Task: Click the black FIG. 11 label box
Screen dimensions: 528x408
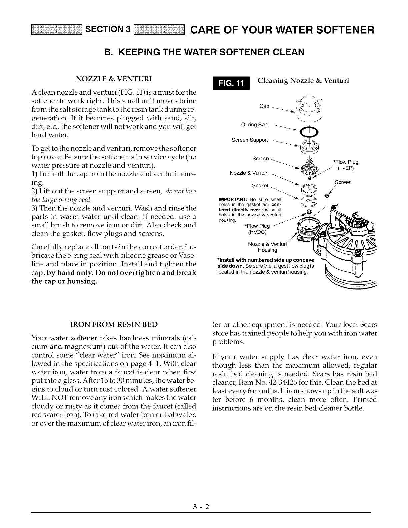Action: pyautogui.click(x=230, y=84)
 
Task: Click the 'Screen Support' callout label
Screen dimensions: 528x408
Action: pyautogui.click(x=250, y=140)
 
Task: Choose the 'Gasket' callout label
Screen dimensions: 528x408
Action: pyautogui.click(x=260, y=185)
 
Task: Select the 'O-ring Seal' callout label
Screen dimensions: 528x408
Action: pyautogui.click(x=254, y=125)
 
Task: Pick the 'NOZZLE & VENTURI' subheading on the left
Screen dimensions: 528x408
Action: pyautogui.click(x=114, y=79)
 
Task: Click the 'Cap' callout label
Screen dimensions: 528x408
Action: pyautogui.click(x=264, y=106)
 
